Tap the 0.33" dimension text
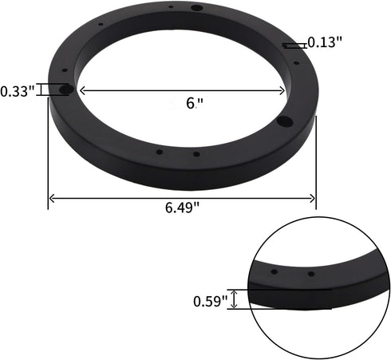(17, 91)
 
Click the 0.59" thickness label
(210, 301)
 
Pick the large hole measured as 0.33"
(66, 89)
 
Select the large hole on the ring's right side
(284, 122)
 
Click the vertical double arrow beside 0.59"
(234, 299)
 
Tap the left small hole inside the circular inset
(274, 272)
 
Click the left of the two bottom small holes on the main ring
(159, 151)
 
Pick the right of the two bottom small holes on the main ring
(196, 152)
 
